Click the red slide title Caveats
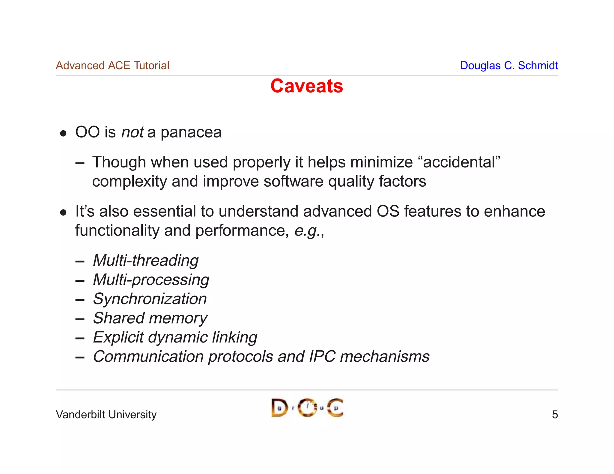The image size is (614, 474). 306,86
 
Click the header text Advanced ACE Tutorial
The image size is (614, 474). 112,65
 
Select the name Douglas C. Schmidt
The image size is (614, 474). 509,65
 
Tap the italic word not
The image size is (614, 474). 132,132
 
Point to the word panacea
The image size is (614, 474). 191,132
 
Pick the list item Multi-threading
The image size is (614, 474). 146,260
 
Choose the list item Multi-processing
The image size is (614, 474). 151,280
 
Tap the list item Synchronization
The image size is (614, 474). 150,299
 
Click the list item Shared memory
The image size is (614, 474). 150,318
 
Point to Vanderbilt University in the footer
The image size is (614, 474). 106,415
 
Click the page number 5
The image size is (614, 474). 555,415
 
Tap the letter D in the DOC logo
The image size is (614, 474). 279,408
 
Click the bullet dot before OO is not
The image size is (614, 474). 63,134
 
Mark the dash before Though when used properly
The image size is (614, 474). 80,164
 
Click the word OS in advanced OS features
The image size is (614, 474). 388,211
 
